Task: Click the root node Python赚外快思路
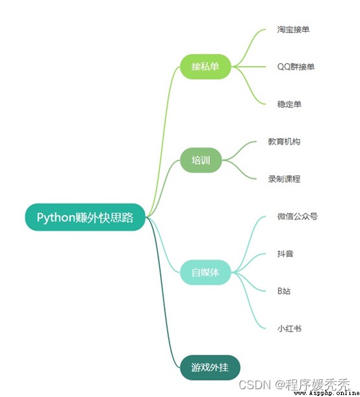(85, 217)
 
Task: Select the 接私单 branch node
(205, 66)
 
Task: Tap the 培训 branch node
(201, 160)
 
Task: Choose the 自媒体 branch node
(205, 272)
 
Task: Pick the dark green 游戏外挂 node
(210, 367)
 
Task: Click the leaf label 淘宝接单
(293, 29)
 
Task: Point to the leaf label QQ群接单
(296, 67)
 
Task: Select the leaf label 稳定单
(289, 104)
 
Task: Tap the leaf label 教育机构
(284, 142)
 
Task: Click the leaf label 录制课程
(284, 179)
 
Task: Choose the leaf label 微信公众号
(297, 216)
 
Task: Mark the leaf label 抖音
(285, 253)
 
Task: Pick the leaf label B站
(284, 291)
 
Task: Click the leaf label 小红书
(289, 329)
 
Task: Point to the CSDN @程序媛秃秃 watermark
(294, 385)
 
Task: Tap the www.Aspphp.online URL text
(326, 393)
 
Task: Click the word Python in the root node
(56, 218)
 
